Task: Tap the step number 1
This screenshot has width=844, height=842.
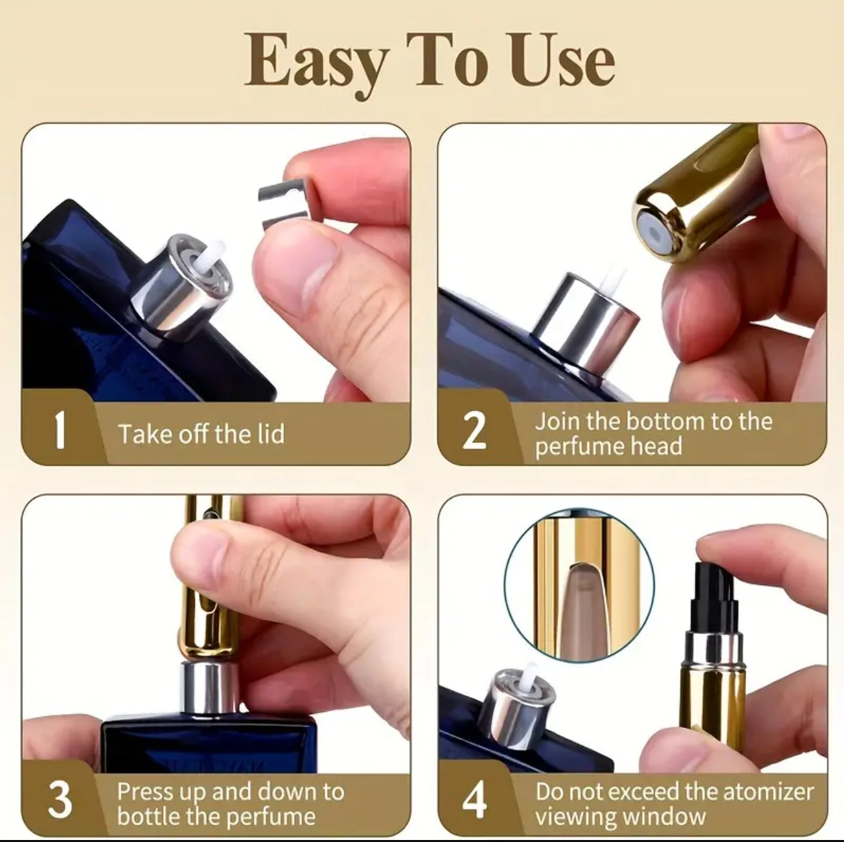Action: click(x=60, y=429)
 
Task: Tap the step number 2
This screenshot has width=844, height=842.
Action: click(x=474, y=430)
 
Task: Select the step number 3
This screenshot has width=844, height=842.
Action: click(x=60, y=800)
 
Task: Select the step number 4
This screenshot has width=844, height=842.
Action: click(x=474, y=800)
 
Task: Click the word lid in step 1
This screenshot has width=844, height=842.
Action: click(x=271, y=434)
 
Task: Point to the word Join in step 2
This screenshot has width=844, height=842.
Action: click(x=557, y=421)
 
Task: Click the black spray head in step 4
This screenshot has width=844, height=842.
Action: click(x=714, y=604)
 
